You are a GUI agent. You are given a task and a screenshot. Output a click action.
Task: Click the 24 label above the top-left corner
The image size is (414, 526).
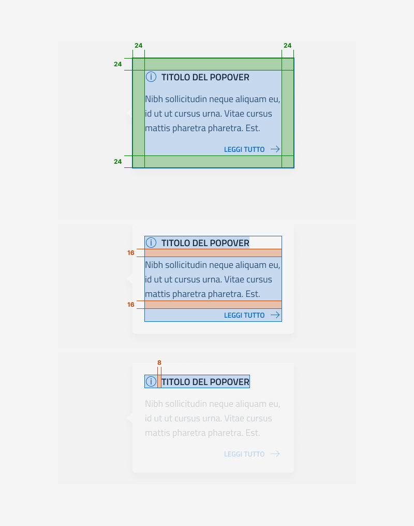coord(138,46)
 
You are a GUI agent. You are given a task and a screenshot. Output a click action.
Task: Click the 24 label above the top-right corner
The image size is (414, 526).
coord(287,46)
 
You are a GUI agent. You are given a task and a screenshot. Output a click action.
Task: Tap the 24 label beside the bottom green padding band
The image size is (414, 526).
coord(118,162)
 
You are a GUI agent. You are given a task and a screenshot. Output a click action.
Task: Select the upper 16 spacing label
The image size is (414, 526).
coord(131,253)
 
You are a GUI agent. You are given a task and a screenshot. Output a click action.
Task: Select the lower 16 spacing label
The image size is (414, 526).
coord(131,305)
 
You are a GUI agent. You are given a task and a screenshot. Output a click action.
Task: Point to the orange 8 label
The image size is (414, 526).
coord(159,363)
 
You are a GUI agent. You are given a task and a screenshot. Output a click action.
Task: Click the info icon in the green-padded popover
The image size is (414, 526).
coord(151,77)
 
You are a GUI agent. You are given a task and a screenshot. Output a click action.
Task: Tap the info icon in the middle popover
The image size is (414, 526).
coord(151,243)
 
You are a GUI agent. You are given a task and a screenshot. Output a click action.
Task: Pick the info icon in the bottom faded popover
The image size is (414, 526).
coord(151,382)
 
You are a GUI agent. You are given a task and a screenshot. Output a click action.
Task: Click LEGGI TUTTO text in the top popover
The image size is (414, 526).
coord(244,149)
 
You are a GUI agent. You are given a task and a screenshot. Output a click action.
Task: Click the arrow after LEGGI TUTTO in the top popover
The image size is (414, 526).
coord(275,149)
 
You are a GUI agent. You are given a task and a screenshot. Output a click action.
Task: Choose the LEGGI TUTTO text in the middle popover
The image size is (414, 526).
coord(244,315)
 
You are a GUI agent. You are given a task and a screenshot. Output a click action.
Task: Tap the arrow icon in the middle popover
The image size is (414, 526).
coord(275,315)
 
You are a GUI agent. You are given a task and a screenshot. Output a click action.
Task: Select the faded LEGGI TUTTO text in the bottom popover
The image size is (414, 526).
coord(244,454)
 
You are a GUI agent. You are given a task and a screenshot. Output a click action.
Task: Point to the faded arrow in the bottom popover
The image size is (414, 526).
coord(275,454)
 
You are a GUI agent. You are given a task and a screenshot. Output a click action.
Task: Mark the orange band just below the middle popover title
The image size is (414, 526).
coord(213,253)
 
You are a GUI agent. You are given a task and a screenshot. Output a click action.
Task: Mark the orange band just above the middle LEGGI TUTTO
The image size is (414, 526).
coord(213,305)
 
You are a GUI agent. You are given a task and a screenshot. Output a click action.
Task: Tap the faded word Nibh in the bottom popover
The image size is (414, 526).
coord(154,404)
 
